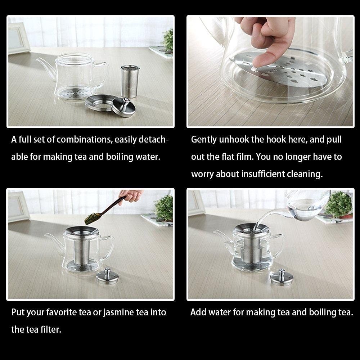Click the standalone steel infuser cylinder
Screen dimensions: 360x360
[x=130, y=81]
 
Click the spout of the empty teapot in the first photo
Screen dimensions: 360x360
[x=46, y=68]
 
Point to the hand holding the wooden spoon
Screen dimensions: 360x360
[x=131, y=195]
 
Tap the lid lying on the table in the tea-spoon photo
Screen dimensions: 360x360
[x=107, y=276]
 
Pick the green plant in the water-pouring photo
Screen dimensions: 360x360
[x=339, y=204]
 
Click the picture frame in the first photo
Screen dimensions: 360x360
[x=18, y=38]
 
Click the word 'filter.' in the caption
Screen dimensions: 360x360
[x=51, y=329]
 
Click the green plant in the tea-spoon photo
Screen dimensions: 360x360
[x=164, y=208]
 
